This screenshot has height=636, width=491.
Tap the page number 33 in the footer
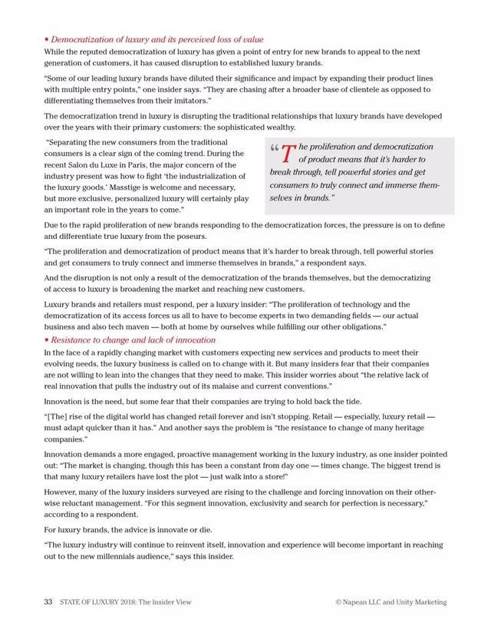click(48, 602)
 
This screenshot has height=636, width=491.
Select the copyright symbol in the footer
click(338, 602)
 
